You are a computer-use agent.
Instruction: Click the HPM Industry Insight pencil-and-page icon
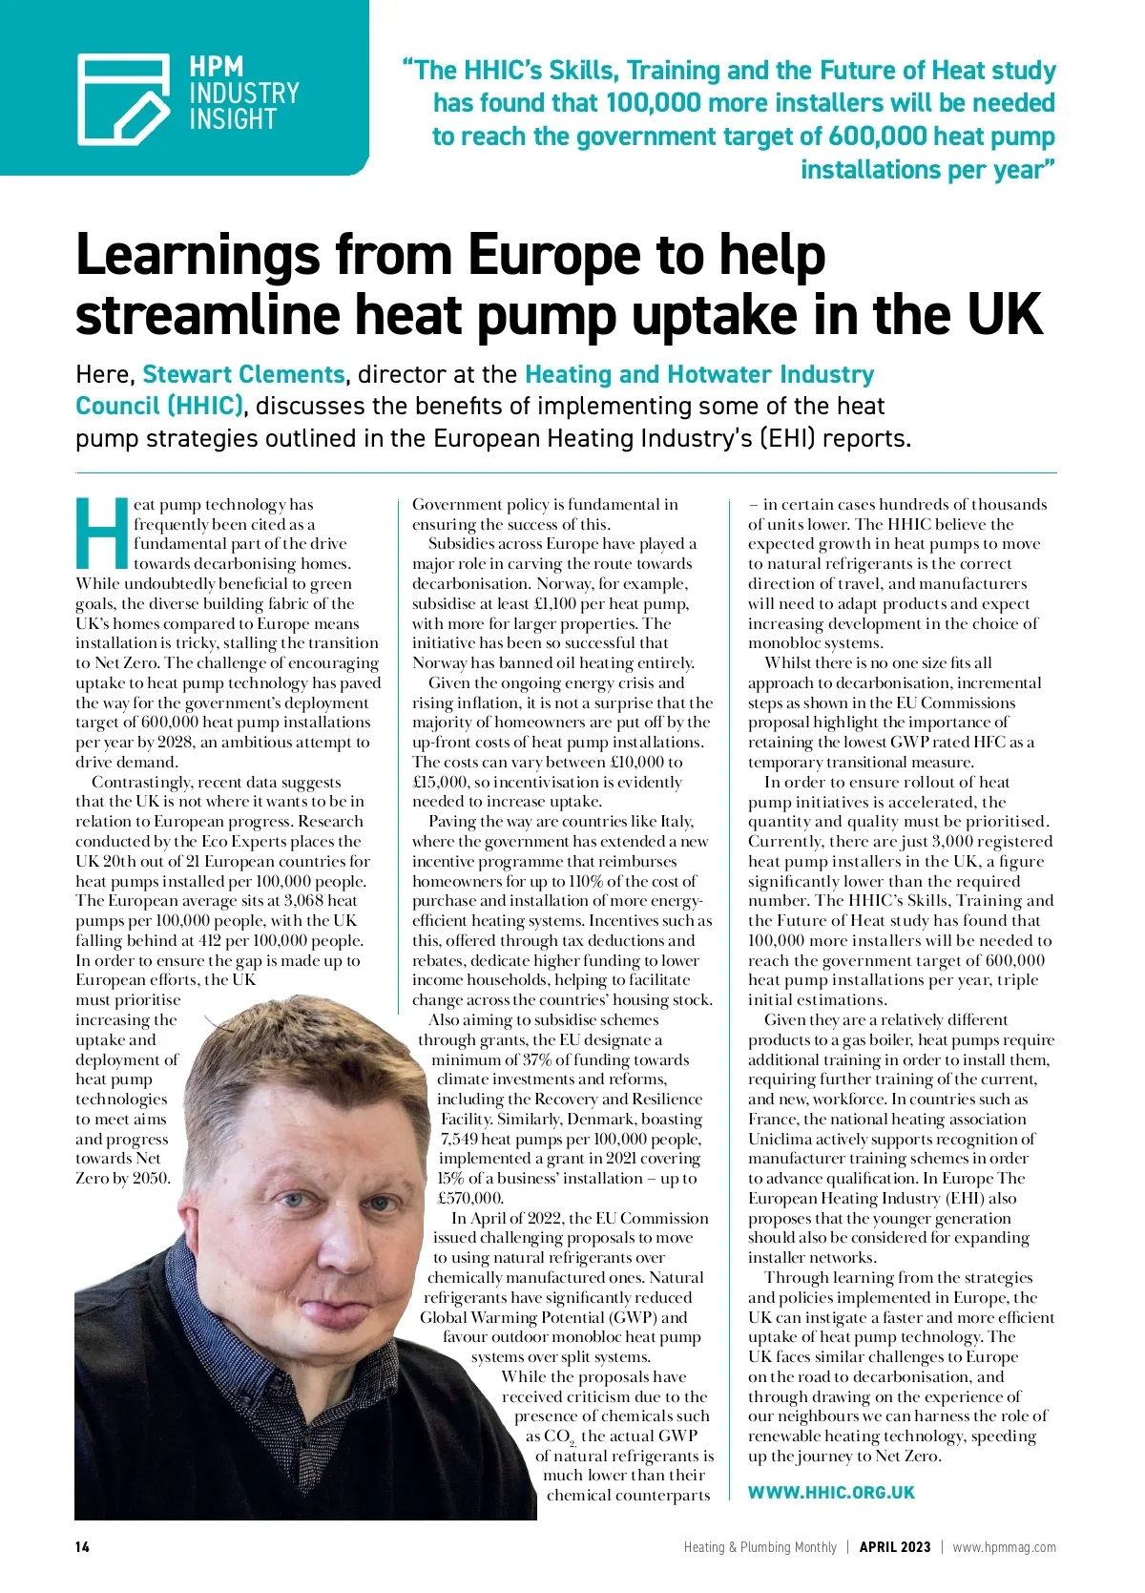124,97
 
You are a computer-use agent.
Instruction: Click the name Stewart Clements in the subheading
243,374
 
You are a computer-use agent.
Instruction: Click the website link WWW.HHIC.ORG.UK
830,1493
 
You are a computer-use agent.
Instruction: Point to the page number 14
82,1547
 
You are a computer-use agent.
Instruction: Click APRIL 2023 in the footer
894,1547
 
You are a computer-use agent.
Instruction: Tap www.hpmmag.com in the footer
1004,1547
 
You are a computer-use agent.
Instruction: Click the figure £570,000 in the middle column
470,1198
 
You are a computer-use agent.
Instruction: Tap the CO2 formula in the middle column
559,1436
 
